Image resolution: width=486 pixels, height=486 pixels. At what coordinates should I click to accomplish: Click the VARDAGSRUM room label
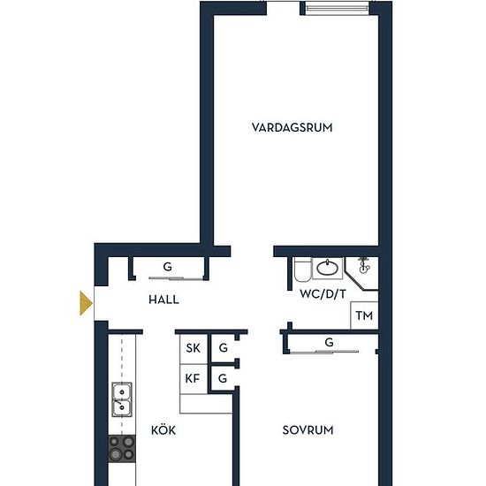coord(292,127)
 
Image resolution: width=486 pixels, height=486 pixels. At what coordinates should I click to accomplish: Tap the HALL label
coord(163,300)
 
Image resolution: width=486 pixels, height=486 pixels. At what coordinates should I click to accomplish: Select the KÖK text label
coord(163,430)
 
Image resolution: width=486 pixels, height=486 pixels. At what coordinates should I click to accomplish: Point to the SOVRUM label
coord(308,430)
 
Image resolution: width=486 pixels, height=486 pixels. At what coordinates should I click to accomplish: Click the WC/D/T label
coord(323,294)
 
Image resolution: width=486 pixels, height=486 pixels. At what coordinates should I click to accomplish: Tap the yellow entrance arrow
coord(86,303)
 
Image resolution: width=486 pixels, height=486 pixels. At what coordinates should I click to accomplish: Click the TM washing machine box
coord(364,315)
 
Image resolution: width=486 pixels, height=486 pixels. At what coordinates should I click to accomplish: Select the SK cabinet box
coord(194,349)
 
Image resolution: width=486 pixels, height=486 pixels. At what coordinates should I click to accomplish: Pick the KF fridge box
coord(194,379)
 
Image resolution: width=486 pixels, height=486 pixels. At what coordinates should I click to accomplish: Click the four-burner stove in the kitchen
coord(122,449)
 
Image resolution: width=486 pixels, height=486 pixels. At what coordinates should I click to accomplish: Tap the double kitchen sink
coord(122,399)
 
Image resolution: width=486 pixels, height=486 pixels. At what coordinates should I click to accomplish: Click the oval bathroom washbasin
coord(328,268)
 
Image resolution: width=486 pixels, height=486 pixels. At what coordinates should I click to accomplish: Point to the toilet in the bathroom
coord(302,269)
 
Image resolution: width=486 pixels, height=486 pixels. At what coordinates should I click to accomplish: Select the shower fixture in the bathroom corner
coord(363,266)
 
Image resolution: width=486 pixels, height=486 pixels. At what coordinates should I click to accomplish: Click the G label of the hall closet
coord(167,267)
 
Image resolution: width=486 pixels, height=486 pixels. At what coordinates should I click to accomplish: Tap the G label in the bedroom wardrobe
coord(330,342)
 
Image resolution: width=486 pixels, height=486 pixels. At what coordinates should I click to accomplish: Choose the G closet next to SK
coord(224,348)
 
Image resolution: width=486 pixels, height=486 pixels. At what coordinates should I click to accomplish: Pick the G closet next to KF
coord(223,378)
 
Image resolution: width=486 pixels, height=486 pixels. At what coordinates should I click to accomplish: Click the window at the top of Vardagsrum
coord(338,8)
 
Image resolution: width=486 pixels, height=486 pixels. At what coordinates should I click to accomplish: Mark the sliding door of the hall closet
coord(175,278)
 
